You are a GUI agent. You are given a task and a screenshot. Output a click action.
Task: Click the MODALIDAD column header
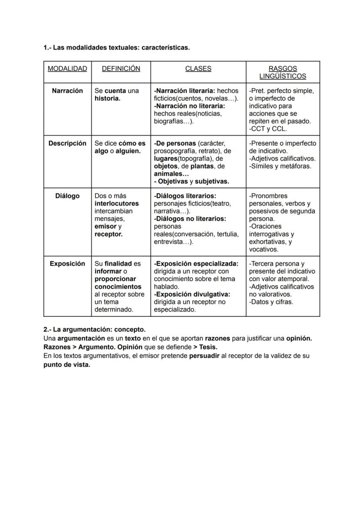(x=67, y=69)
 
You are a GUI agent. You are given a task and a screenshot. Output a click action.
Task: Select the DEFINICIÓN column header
(x=121, y=69)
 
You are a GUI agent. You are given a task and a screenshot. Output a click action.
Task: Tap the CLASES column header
(x=198, y=69)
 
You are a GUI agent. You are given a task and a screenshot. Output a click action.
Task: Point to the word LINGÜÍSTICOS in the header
(x=283, y=76)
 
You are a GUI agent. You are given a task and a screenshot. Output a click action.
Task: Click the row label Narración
(x=67, y=91)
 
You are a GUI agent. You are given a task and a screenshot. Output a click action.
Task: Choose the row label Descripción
(x=67, y=143)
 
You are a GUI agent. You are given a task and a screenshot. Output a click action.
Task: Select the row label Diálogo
(x=67, y=196)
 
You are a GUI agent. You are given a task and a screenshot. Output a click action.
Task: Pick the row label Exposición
(x=67, y=264)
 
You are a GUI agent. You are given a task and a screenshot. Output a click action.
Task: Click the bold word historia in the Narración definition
(x=107, y=99)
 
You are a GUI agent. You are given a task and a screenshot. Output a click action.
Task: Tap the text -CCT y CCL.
(x=268, y=129)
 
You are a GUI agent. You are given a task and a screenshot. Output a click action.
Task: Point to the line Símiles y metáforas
(x=280, y=166)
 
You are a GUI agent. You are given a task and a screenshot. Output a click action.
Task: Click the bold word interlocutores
(x=117, y=203)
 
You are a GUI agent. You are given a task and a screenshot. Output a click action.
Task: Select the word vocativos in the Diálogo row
(x=263, y=249)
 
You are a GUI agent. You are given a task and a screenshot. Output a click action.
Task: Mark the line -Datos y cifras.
(x=271, y=302)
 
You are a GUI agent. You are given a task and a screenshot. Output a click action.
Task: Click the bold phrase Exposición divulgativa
(x=192, y=294)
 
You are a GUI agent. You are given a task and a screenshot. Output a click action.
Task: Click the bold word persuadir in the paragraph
(x=204, y=356)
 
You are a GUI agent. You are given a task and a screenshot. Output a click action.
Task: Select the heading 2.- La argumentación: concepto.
(x=94, y=330)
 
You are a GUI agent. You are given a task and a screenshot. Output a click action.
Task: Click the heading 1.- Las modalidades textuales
(x=117, y=47)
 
